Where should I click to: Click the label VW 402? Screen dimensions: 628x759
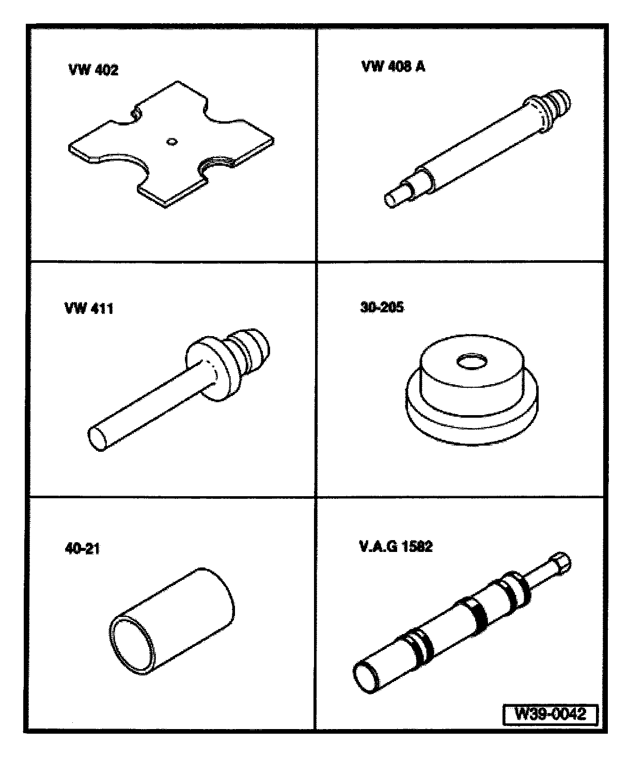click(x=93, y=70)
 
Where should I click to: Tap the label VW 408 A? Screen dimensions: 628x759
click(x=393, y=67)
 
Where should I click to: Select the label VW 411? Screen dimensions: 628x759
click(x=89, y=309)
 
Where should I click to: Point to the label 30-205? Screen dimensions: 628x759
click(x=382, y=308)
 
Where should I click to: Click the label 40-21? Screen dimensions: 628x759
click(x=82, y=548)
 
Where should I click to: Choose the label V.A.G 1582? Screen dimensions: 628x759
click(x=396, y=546)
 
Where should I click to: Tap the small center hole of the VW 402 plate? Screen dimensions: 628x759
click(x=171, y=141)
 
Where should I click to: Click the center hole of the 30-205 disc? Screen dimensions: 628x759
click(x=472, y=362)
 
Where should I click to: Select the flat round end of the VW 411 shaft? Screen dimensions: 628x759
click(x=97, y=439)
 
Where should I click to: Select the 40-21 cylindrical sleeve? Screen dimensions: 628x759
click(x=171, y=622)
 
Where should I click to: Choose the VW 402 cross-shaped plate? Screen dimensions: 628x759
click(x=171, y=144)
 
